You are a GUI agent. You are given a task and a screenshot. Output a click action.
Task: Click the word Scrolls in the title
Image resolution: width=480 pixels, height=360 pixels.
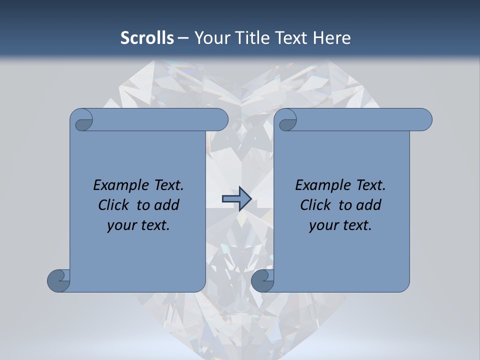click(147, 38)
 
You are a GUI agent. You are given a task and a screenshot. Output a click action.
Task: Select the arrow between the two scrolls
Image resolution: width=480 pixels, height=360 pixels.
click(236, 199)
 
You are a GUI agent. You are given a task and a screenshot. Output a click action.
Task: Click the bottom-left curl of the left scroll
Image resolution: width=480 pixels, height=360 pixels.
click(58, 280)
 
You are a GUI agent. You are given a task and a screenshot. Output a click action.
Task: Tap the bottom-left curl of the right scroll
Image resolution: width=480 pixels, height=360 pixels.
click(262, 280)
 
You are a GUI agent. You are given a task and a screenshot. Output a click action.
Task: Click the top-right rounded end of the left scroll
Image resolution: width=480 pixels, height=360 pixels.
click(218, 120)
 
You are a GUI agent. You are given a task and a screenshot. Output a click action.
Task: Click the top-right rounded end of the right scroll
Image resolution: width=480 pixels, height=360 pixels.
click(422, 120)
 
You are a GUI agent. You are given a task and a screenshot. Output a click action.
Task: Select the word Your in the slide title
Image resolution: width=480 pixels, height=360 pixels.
click(211, 38)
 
